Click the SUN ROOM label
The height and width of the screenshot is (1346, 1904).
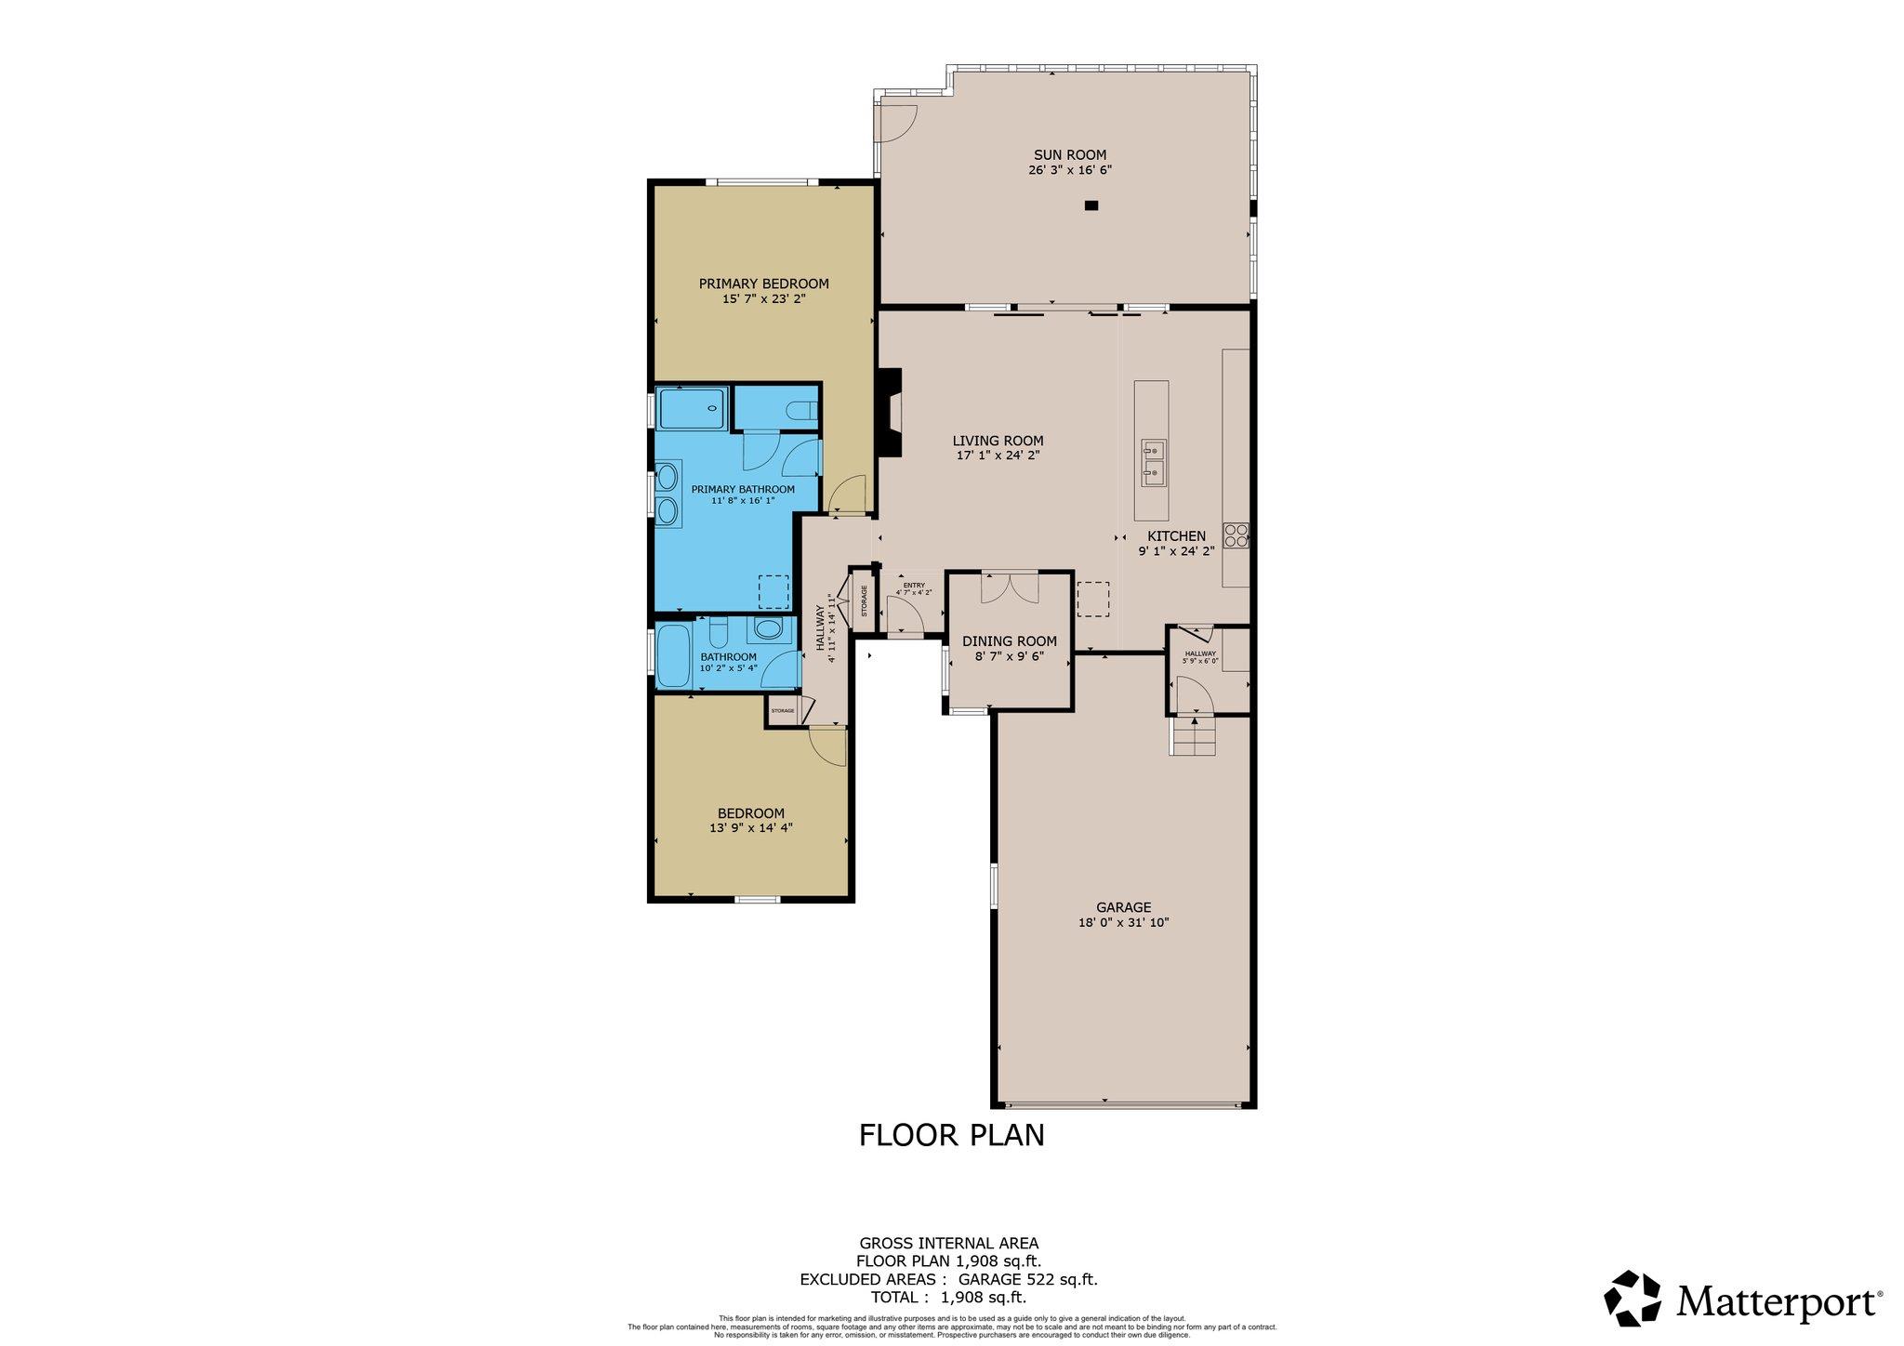pyautogui.click(x=1070, y=155)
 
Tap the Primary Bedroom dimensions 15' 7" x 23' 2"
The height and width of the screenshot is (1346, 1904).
pyautogui.click(x=763, y=299)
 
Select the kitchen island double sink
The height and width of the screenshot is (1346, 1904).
pyautogui.click(x=1153, y=463)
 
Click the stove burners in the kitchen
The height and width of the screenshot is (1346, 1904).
pyautogui.click(x=1236, y=534)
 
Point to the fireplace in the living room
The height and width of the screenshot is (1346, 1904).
pyautogui.click(x=891, y=412)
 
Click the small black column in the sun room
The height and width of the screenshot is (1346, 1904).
pyautogui.click(x=1091, y=205)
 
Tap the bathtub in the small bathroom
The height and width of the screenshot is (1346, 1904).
pyautogui.click(x=673, y=656)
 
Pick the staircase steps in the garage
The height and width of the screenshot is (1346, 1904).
pyautogui.click(x=1194, y=738)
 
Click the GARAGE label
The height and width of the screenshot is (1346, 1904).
pyautogui.click(x=1123, y=907)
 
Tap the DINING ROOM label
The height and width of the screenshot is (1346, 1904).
pyautogui.click(x=1009, y=641)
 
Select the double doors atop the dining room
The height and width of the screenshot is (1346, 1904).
pyautogui.click(x=1010, y=587)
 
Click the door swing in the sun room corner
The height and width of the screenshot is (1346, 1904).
pyautogui.click(x=896, y=122)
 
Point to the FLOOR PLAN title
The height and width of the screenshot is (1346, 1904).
pyautogui.click(x=951, y=1135)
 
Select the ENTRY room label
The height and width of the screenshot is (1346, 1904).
pyautogui.click(x=913, y=585)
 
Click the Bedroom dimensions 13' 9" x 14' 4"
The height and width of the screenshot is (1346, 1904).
pyautogui.click(x=750, y=827)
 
